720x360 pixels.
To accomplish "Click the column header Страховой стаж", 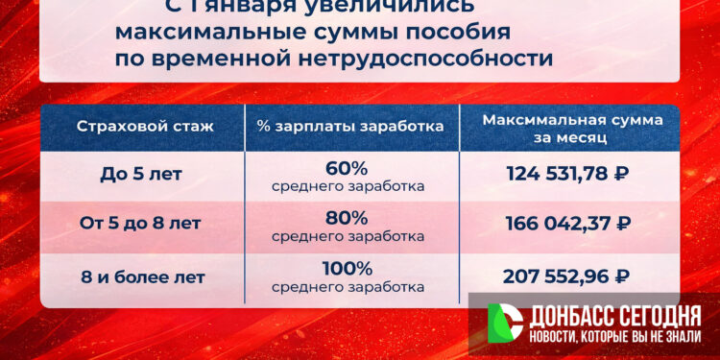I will click(x=144, y=127).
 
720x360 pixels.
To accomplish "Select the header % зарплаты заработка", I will click(x=350, y=127).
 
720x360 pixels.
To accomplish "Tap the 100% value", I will click(x=347, y=268).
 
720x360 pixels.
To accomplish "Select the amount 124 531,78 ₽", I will click(x=567, y=175).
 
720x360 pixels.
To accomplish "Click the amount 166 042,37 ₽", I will click(x=567, y=225).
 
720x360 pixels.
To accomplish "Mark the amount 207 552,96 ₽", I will click(x=566, y=276).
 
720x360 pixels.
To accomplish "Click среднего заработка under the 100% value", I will click(x=348, y=286).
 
